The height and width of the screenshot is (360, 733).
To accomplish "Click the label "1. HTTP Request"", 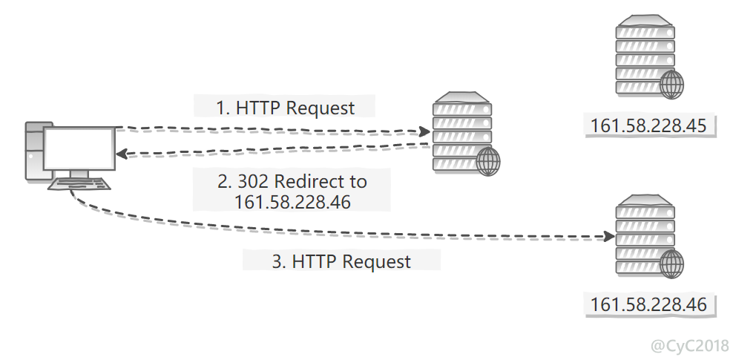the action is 285,108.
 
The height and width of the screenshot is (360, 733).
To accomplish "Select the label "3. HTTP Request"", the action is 341,261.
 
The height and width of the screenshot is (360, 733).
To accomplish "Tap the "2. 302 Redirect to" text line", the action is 292,181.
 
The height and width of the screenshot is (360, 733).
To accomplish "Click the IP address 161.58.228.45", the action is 649,125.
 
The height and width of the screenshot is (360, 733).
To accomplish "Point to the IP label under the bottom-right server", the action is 649,304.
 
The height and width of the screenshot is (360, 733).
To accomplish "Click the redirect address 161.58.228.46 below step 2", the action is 292,202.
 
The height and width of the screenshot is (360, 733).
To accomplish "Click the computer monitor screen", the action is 79,148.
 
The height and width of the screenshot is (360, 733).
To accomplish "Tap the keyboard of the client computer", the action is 79,184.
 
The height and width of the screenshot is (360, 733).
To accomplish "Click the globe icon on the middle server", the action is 487,162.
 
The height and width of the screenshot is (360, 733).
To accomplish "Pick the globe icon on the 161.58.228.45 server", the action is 671,85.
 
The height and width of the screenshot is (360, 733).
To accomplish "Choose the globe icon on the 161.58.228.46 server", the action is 671,264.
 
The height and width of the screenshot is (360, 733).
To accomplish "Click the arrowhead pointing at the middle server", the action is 424,132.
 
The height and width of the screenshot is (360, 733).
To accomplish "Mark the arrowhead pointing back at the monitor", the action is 122,154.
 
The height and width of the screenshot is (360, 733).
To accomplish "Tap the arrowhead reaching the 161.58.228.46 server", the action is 608,237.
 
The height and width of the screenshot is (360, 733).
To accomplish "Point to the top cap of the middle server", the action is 462,97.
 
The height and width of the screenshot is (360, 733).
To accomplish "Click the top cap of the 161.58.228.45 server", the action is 645,21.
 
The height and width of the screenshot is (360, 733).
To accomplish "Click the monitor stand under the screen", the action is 79,174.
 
